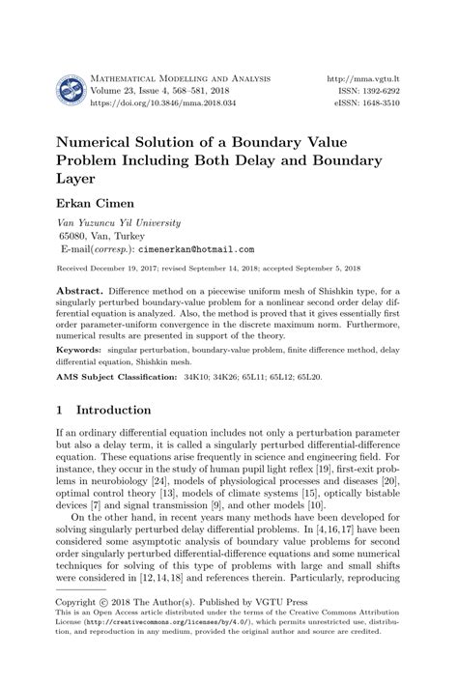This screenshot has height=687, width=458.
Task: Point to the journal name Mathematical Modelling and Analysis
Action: coord(181,75)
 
